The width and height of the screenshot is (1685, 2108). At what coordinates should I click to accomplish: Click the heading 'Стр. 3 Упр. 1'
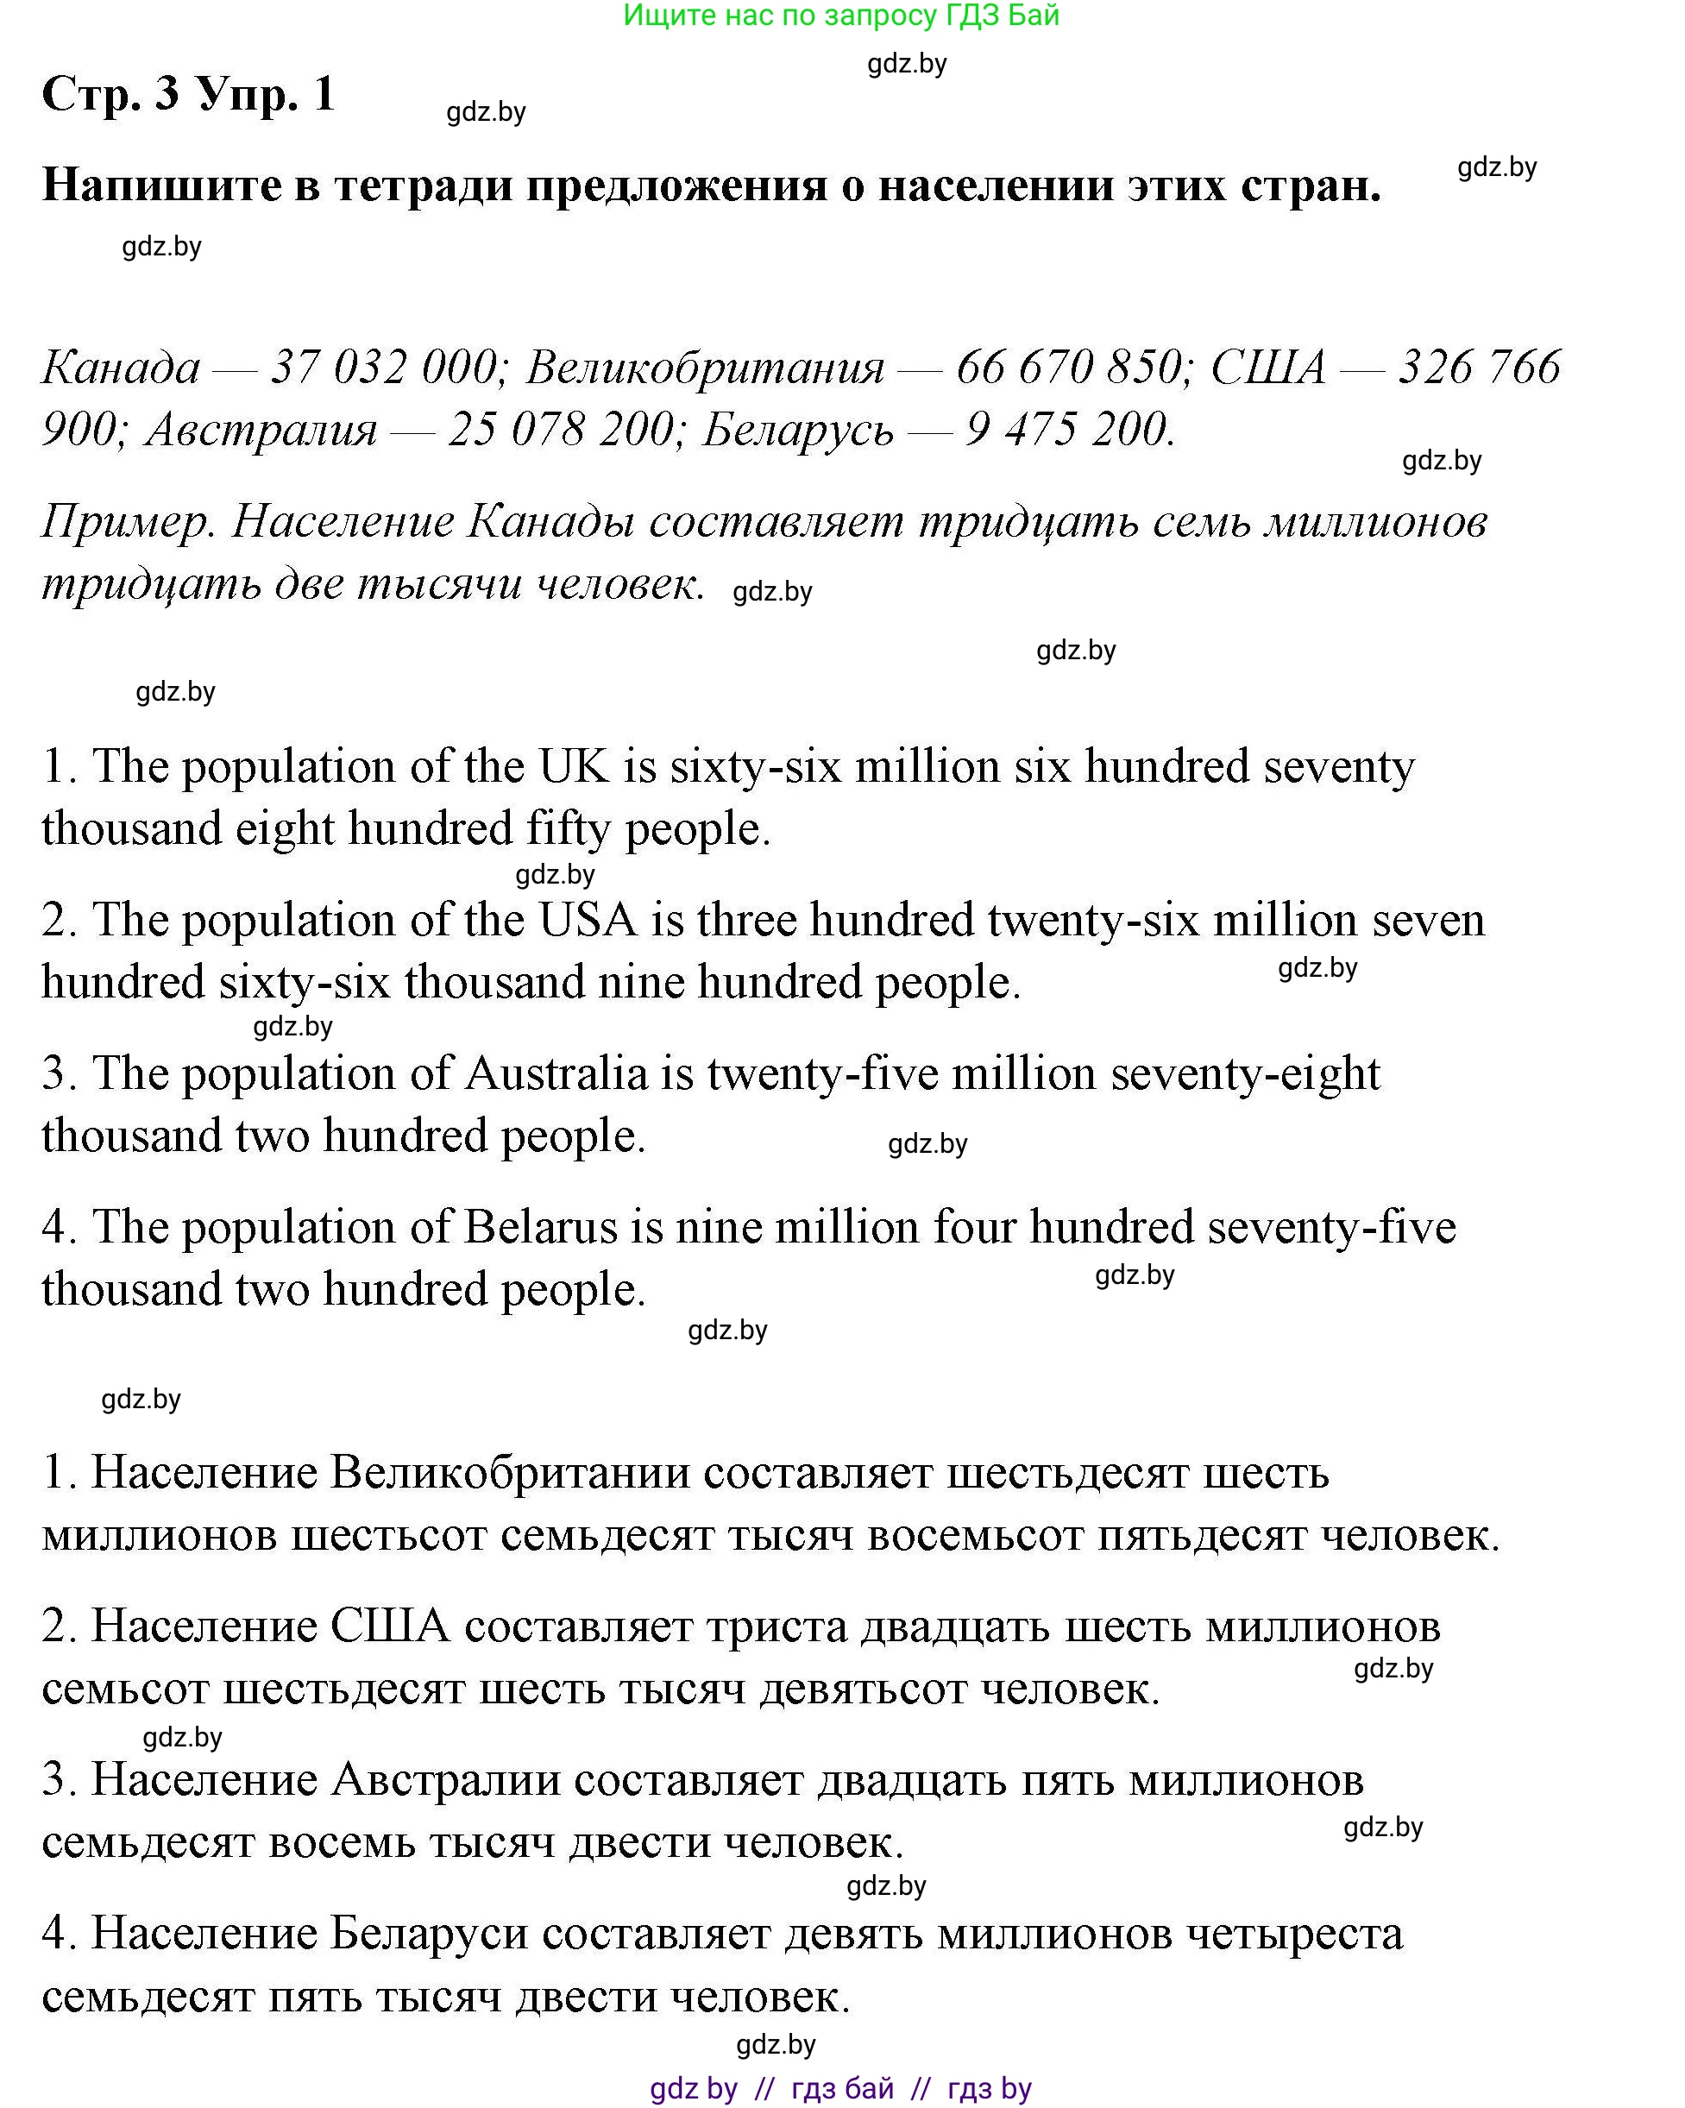tap(189, 94)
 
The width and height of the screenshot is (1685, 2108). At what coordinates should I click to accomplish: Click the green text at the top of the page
tap(840, 16)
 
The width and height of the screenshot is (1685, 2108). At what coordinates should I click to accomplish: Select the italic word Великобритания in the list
tap(705, 368)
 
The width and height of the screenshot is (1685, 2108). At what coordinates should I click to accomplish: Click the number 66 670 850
tap(1069, 368)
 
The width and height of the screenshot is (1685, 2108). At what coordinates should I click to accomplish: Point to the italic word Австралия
tap(261, 431)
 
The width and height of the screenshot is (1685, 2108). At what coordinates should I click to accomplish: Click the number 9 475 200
tap(1069, 431)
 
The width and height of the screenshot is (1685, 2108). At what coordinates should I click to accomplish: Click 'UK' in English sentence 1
tap(574, 765)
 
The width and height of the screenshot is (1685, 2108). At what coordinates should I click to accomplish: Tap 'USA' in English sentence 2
tap(588, 920)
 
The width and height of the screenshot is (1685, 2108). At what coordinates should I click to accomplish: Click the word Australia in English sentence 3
tap(555, 1073)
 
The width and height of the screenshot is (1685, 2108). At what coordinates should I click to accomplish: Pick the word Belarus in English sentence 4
tap(540, 1227)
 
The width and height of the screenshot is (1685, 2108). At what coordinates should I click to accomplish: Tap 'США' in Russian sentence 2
tap(390, 1626)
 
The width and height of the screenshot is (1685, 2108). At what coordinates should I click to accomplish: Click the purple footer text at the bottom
tap(840, 2088)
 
